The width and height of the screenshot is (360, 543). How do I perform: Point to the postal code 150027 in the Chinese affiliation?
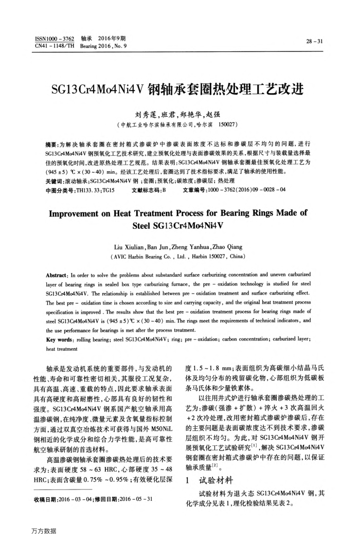[227, 124]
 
